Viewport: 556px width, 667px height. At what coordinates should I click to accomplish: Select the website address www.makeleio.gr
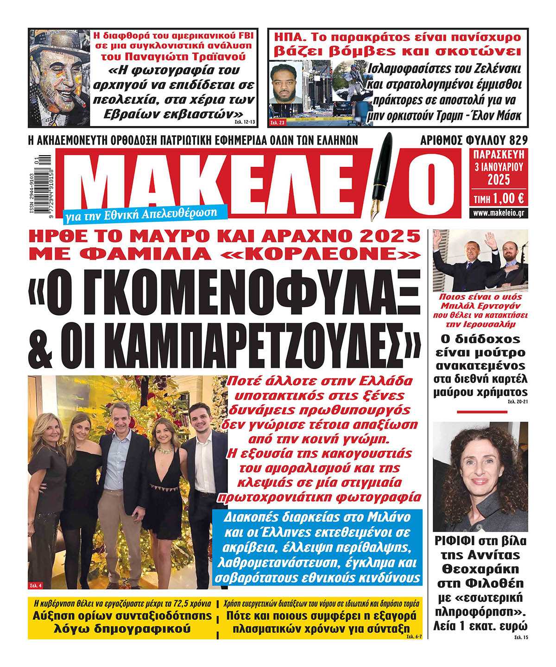pyautogui.click(x=499, y=213)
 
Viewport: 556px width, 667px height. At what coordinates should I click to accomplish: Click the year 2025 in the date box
pyautogui.click(x=499, y=179)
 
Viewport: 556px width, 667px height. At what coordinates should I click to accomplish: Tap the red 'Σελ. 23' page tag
pyautogui.click(x=278, y=122)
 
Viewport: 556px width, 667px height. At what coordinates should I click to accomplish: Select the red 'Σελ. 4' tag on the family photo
pyautogui.click(x=36, y=585)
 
